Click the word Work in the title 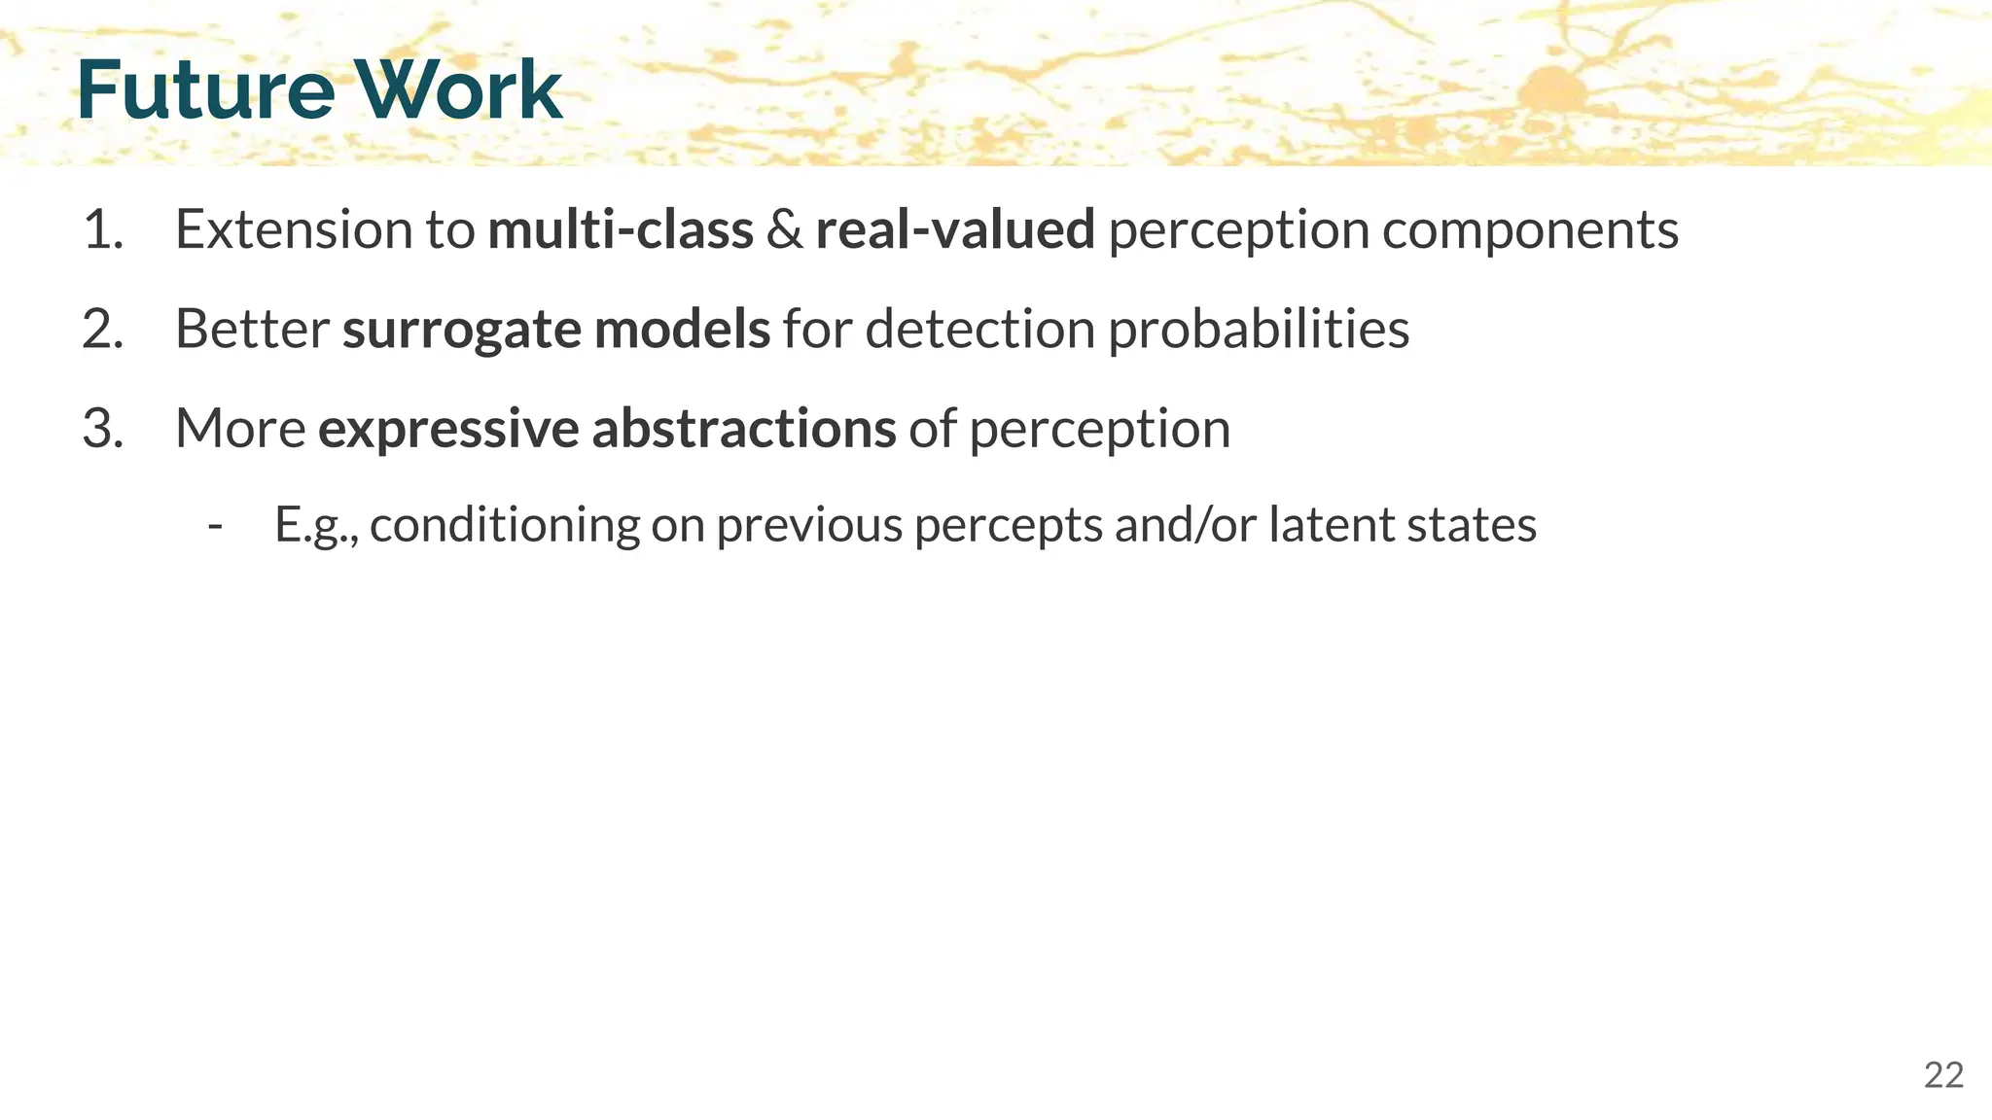[457, 89]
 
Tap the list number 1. [103, 230]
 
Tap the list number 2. [103, 330]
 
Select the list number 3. [103, 429]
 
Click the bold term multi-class [621, 230]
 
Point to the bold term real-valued [955, 230]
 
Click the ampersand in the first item [784, 230]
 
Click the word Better [252, 330]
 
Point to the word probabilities [1259, 330]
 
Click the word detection [979, 330]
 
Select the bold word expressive [448, 429]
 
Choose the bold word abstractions [743, 429]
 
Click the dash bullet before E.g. [216, 526]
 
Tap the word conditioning [505, 526]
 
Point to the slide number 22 [1943, 1075]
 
